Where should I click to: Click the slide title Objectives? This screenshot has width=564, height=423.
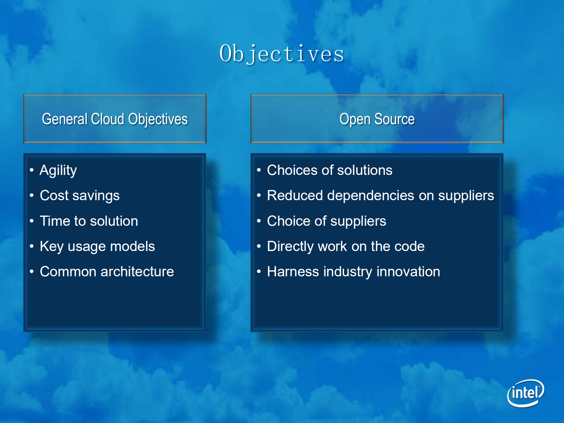(x=282, y=54)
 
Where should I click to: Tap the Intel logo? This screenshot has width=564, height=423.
(x=525, y=393)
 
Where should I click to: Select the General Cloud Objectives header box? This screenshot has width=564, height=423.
(x=115, y=119)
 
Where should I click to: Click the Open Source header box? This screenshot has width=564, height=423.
(x=377, y=119)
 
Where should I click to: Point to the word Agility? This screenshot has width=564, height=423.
(x=58, y=170)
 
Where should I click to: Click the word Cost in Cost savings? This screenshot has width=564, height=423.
(x=54, y=195)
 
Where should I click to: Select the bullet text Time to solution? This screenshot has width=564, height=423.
(x=89, y=221)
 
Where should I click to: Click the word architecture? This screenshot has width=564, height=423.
(x=137, y=272)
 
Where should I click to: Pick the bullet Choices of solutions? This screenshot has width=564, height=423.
(x=329, y=170)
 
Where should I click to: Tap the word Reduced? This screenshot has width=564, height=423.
(x=295, y=195)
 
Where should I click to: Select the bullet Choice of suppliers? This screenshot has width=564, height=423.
(x=326, y=221)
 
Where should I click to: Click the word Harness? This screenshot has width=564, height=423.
(x=293, y=272)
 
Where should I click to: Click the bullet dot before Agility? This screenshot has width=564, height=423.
(x=32, y=170)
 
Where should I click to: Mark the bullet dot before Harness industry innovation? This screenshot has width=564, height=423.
(x=259, y=271)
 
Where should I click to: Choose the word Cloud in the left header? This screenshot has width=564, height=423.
(x=108, y=119)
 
